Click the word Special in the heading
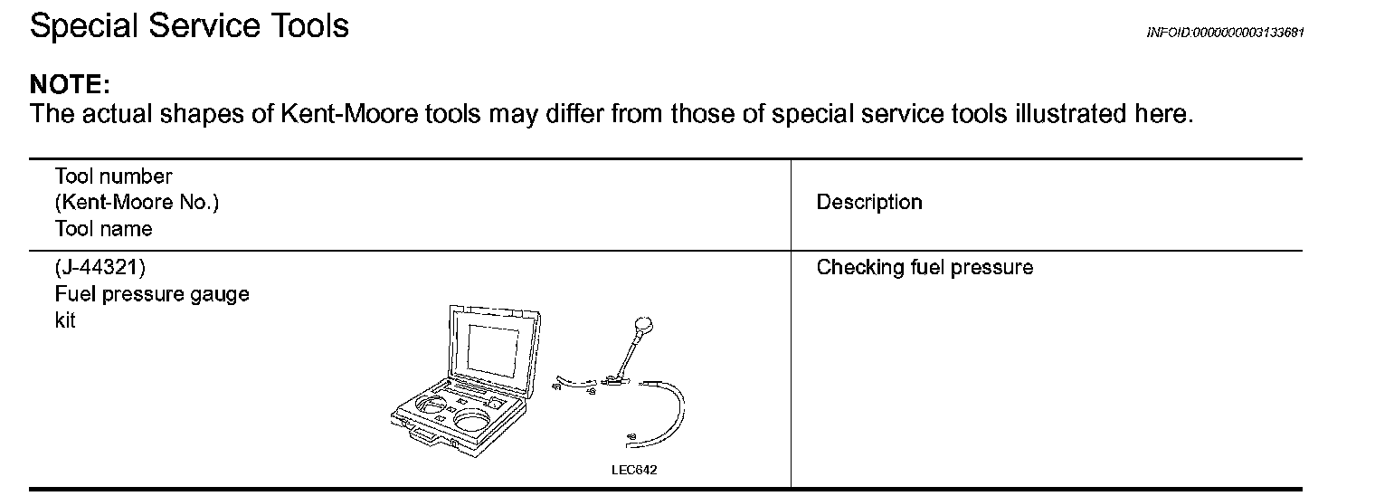[85, 27]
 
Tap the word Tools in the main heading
[310, 26]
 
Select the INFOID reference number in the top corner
[1225, 33]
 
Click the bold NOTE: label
[70, 85]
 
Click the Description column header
[869, 203]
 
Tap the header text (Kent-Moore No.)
[137, 203]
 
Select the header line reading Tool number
[113, 176]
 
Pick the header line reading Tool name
[103, 229]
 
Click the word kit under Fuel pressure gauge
[65, 320]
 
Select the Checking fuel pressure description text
[925, 268]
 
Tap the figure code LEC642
[634, 471]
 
